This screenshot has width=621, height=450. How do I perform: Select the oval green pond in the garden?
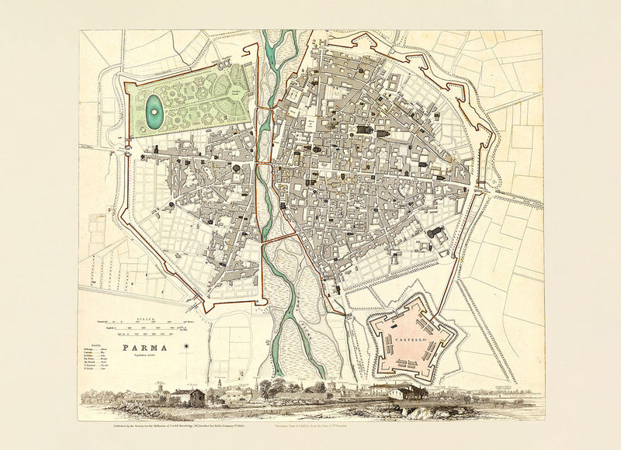154,114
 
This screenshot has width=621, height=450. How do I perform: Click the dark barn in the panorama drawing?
196,398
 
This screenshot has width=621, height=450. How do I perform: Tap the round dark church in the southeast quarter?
432,232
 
